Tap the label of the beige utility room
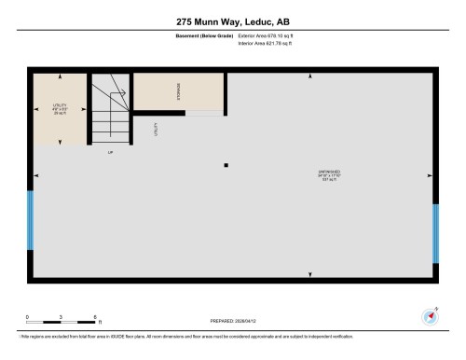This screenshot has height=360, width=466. point(60,108)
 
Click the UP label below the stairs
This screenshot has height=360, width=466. point(110,152)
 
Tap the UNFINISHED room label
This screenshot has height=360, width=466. point(329,174)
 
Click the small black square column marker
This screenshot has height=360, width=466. point(226,166)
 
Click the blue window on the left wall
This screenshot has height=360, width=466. point(31,220)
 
